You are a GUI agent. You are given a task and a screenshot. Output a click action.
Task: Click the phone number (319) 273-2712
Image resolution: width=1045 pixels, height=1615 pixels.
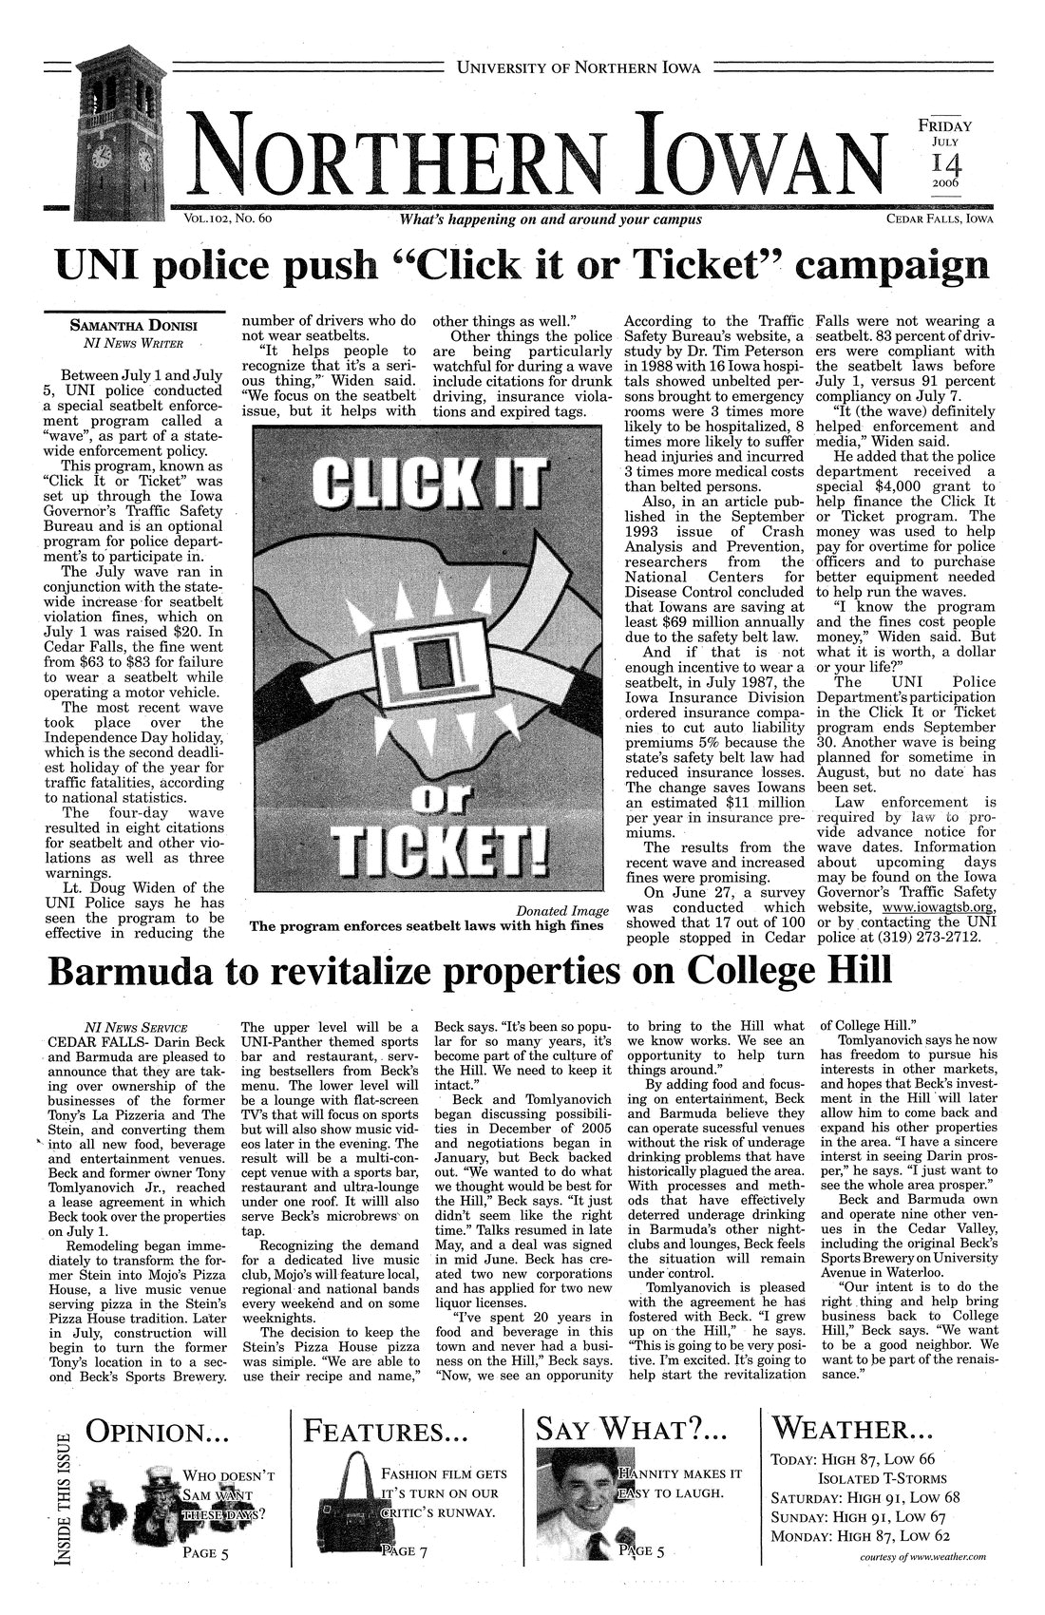[943, 922]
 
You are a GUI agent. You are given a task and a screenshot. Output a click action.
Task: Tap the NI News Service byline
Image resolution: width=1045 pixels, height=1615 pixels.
[136, 1027]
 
